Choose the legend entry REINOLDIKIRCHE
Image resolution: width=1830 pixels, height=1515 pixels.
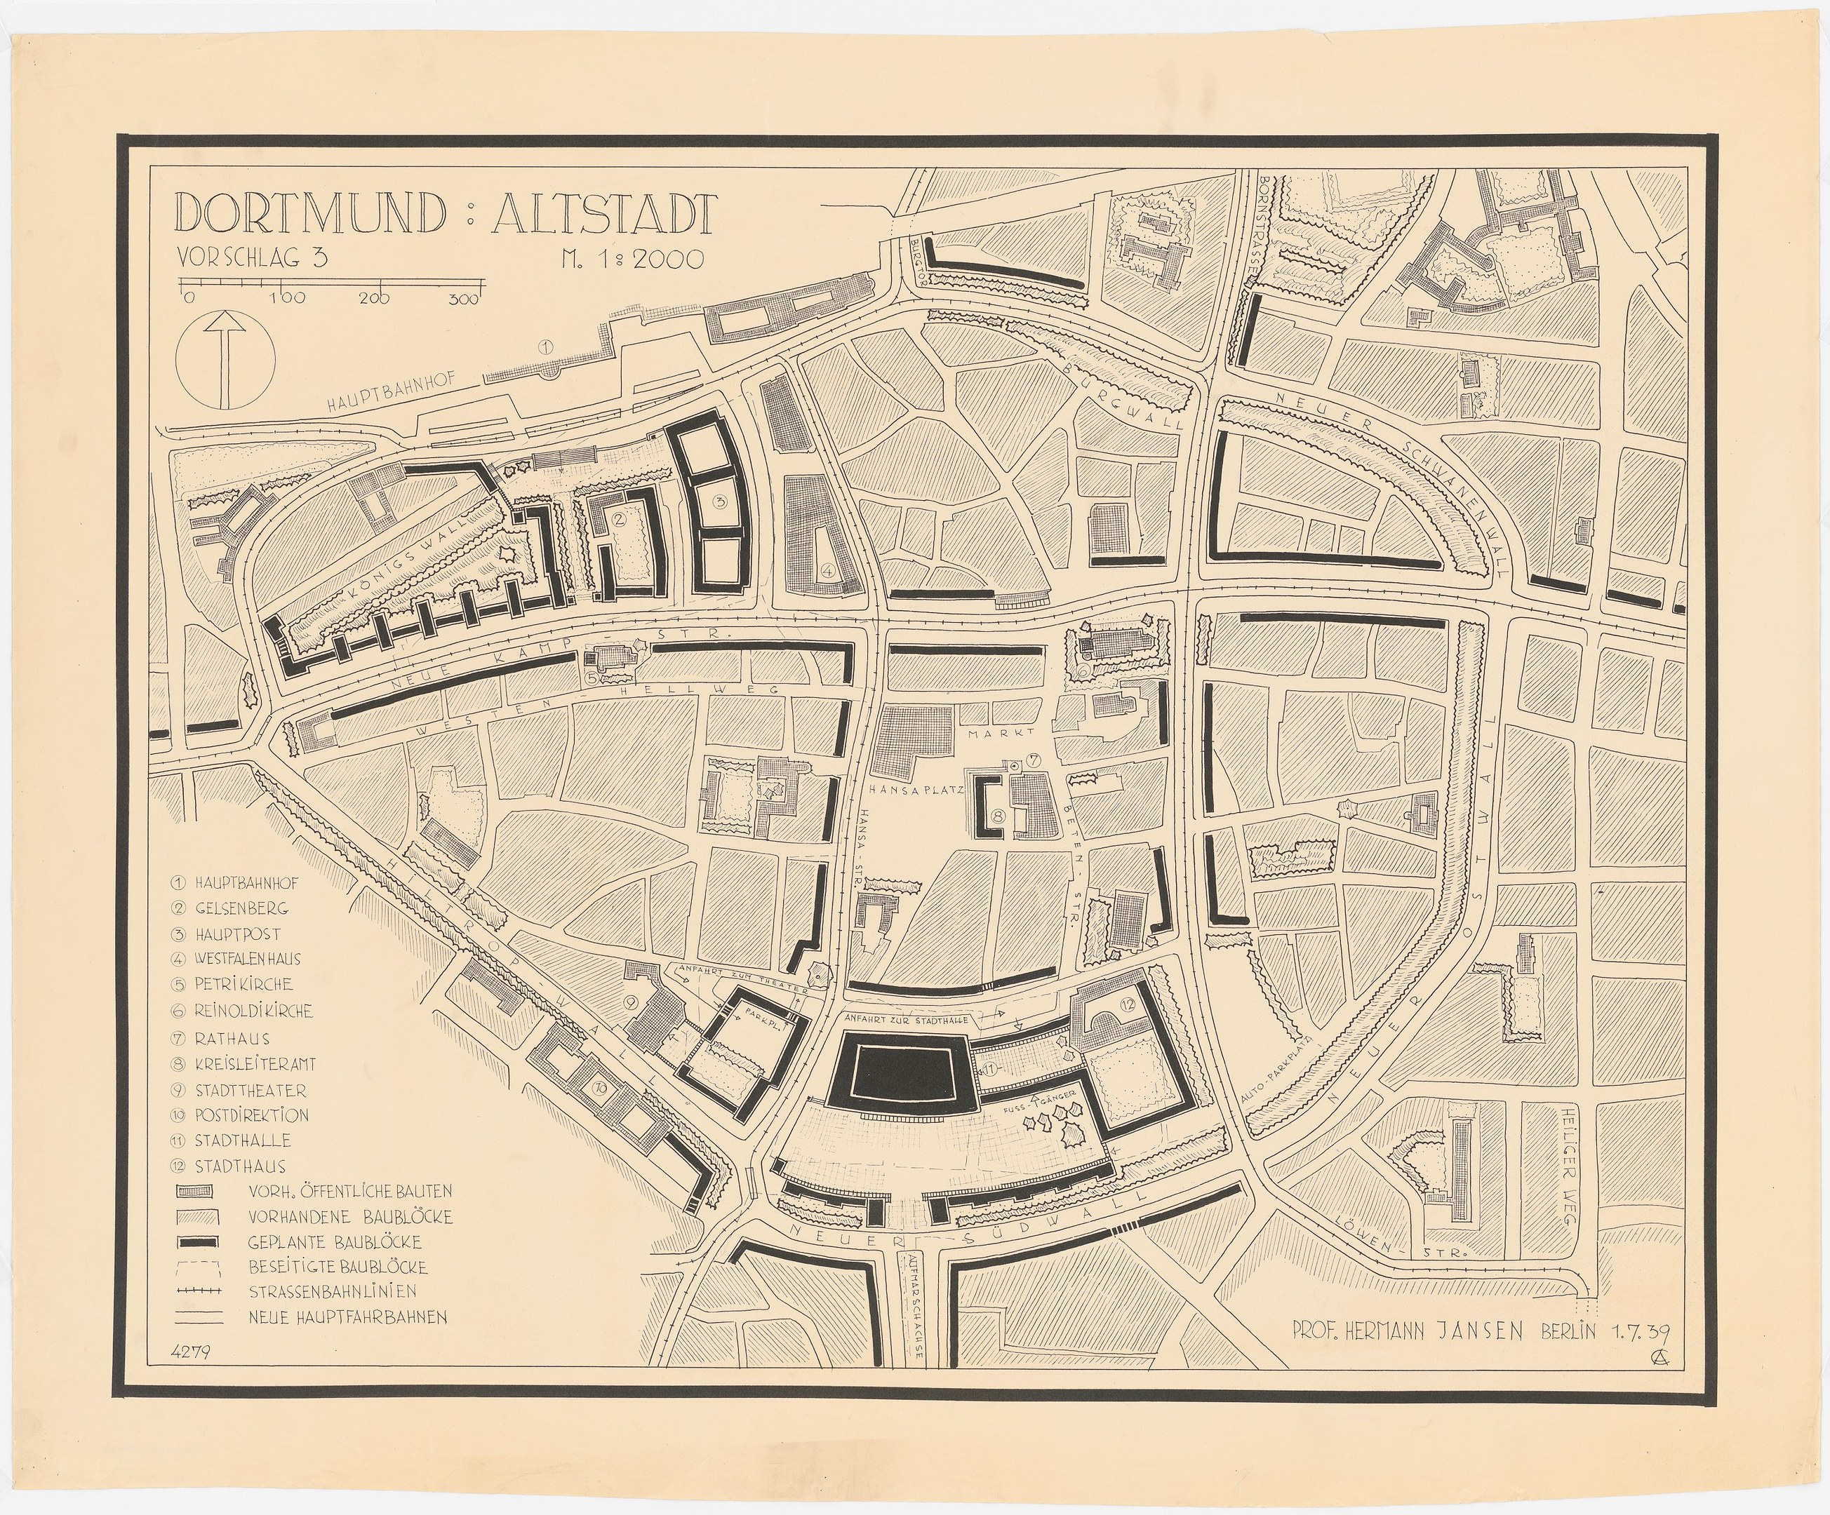tap(253, 1011)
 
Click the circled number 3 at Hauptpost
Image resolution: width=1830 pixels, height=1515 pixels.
tap(720, 501)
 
